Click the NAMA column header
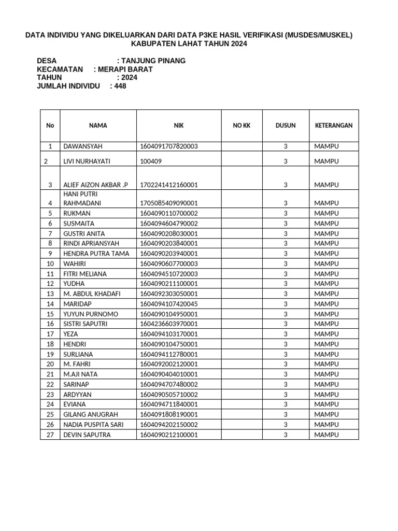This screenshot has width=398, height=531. pyautogui.click(x=98, y=125)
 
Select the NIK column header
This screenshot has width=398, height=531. pyautogui.click(x=179, y=125)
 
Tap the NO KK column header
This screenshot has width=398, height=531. pyautogui.click(x=241, y=125)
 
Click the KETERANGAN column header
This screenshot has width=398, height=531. pyautogui.click(x=334, y=125)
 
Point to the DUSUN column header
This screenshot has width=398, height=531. pyautogui.click(x=286, y=125)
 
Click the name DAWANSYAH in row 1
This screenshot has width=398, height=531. pyautogui.click(x=83, y=147)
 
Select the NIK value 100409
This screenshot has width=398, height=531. pyautogui.click(x=151, y=161)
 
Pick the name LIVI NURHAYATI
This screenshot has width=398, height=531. pyautogui.click(x=87, y=161)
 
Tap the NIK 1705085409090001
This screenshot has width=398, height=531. pyautogui.click(x=168, y=203)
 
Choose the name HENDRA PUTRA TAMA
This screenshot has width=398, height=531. pyautogui.click(x=96, y=254)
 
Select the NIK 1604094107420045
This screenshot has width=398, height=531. pyautogui.click(x=168, y=304)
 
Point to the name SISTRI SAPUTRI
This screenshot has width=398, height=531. pyautogui.click(x=87, y=324)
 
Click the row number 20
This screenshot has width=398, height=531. pyautogui.click(x=50, y=364)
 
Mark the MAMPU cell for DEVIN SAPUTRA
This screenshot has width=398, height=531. pyautogui.click(x=326, y=435)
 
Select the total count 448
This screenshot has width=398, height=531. pyautogui.click(x=120, y=86)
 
